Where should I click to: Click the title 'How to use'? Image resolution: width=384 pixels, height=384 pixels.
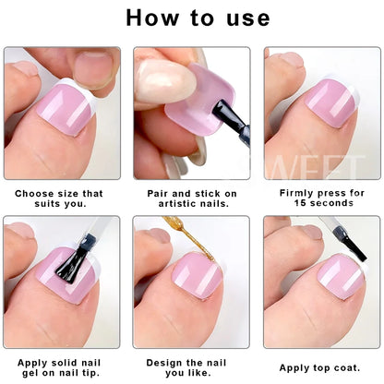coord(192,18)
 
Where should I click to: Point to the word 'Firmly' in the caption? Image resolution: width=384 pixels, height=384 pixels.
coord(295,194)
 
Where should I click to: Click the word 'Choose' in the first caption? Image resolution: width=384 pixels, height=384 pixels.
coord(34,194)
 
